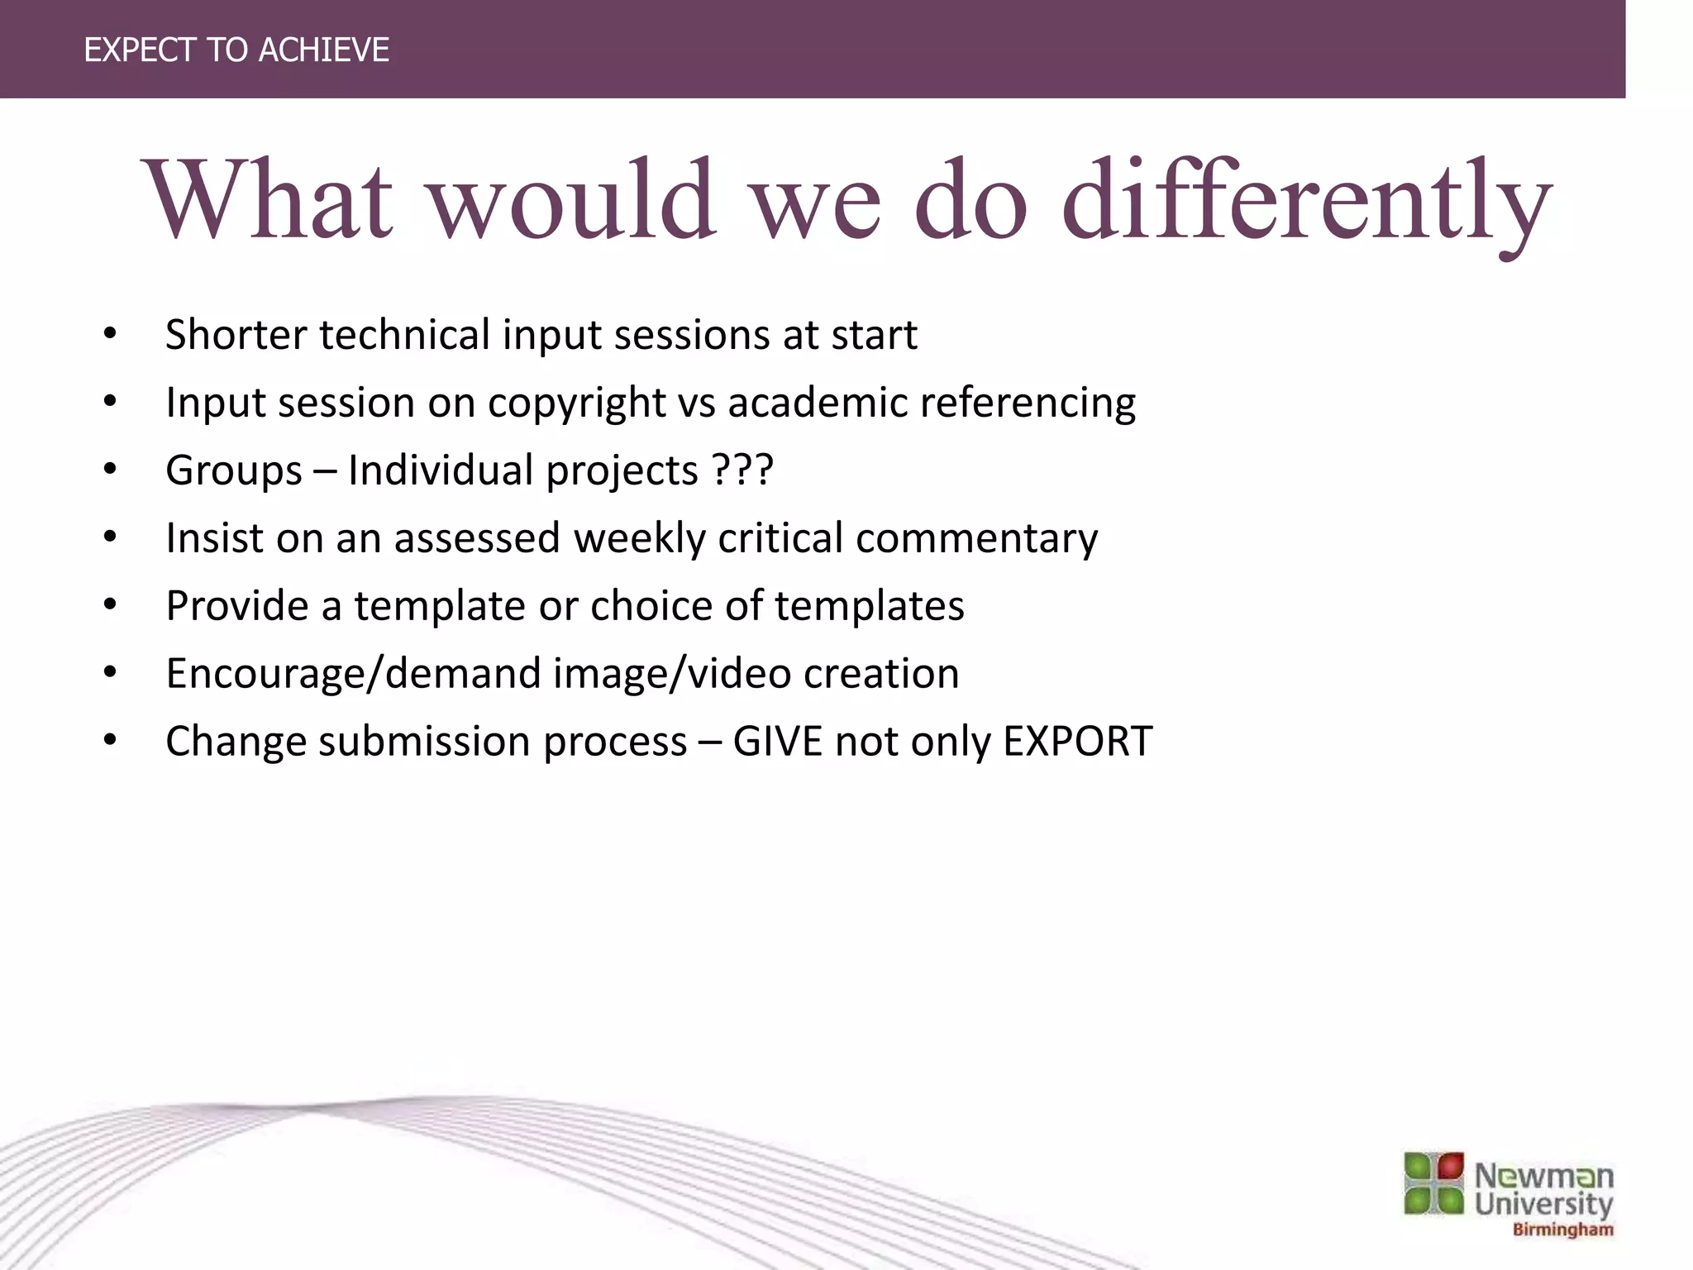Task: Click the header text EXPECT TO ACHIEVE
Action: [x=236, y=50]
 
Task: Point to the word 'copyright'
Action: [x=576, y=404]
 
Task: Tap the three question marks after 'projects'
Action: [x=742, y=470]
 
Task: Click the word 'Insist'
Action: [x=215, y=538]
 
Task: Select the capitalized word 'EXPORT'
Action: [x=1077, y=742]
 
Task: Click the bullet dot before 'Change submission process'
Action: [x=110, y=740]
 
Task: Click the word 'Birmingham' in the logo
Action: [x=1562, y=1230]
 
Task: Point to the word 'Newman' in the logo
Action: [x=1543, y=1175]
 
